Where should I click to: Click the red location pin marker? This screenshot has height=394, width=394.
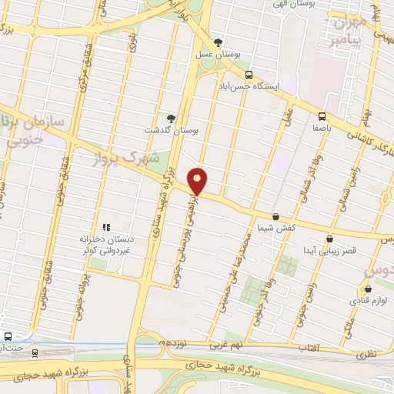click(x=199, y=180)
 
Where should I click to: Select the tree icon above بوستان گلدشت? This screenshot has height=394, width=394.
click(x=171, y=119)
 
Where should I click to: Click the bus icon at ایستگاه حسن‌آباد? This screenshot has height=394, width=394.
click(x=249, y=75)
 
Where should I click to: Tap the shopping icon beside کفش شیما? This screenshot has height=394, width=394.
click(x=275, y=218)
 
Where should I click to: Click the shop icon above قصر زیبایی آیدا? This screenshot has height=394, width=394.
click(x=329, y=239)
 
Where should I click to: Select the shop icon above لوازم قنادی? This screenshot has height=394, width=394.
click(x=368, y=290)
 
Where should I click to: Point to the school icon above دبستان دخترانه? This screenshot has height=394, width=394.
click(x=106, y=227)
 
